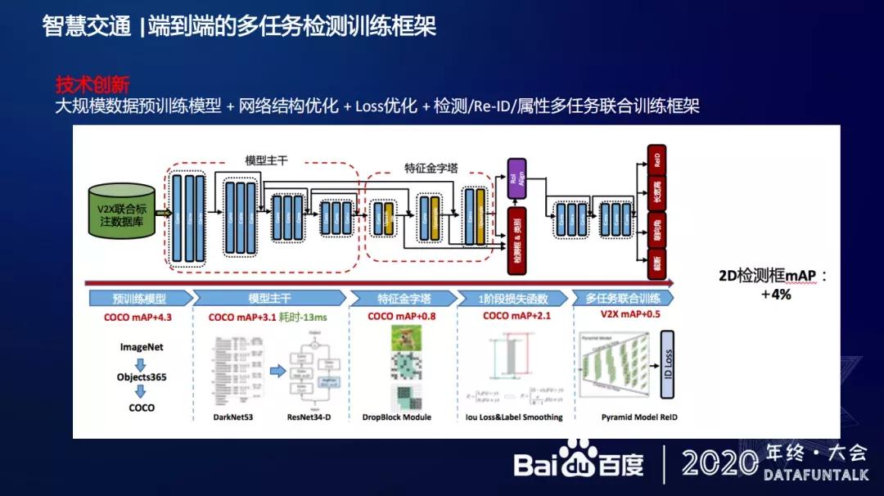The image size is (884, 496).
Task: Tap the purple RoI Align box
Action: point(516,178)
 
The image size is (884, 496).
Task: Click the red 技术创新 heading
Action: point(92,84)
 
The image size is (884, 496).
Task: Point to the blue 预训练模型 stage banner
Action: point(139,299)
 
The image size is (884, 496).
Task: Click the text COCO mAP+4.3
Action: point(139,317)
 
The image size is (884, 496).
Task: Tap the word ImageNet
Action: point(141,347)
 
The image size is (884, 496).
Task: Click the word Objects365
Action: point(141,377)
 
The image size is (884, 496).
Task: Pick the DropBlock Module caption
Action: point(396,417)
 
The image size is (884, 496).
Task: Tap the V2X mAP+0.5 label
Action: point(629,317)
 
